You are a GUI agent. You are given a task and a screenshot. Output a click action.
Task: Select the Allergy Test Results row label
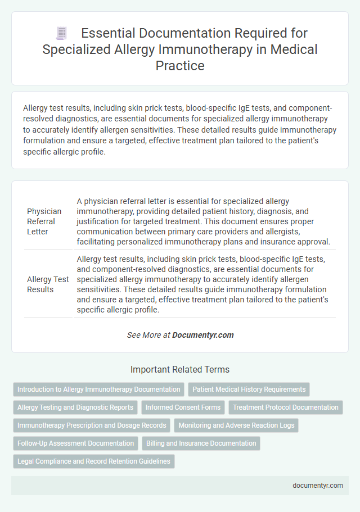click(48, 284)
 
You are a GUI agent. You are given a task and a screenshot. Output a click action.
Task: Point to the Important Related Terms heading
click(180, 370)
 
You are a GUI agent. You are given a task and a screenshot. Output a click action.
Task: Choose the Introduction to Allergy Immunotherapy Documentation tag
click(99, 389)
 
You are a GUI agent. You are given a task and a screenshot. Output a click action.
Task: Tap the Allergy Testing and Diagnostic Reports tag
click(75, 407)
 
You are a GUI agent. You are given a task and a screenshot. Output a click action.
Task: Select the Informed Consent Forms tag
click(184, 407)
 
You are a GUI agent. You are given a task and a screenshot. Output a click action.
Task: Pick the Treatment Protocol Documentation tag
click(286, 407)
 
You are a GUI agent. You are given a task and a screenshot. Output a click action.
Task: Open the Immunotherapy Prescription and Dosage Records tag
click(92, 425)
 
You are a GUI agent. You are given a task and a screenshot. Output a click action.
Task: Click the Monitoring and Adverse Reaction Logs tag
click(236, 425)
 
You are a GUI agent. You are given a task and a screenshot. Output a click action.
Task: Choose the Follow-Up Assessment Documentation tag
click(75, 443)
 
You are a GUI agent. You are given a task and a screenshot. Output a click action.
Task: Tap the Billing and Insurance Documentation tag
click(201, 443)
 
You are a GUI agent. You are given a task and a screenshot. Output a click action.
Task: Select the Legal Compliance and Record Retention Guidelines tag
click(94, 461)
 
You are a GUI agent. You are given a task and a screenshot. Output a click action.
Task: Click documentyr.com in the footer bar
click(317, 486)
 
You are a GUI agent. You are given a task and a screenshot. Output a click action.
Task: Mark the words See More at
click(148, 335)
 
